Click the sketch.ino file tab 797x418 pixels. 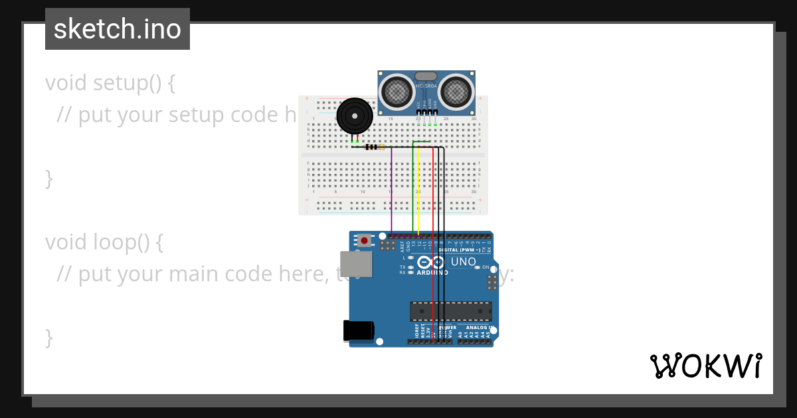point(118,29)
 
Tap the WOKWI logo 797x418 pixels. point(705,366)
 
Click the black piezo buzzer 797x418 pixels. point(354,117)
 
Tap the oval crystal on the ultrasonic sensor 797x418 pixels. point(426,77)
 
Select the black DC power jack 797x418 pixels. point(359,330)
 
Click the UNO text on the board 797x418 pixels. point(463,261)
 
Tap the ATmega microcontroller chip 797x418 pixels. point(451,311)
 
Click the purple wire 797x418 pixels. point(391,192)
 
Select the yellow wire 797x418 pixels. point(419,192)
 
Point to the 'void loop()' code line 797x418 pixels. point(104,242)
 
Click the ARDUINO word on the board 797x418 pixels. point(432,272)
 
